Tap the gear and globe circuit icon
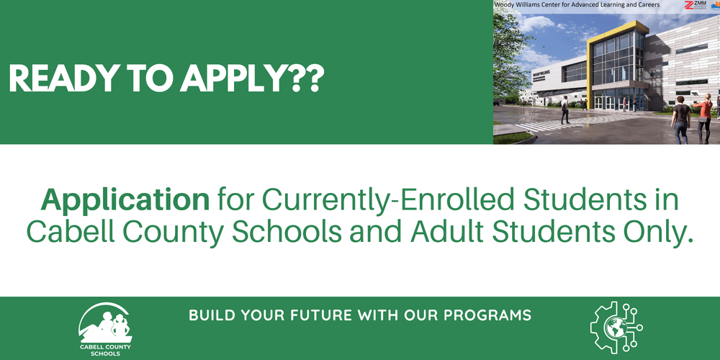(x=616, y=328)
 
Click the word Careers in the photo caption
(x=645, y=5)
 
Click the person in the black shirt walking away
(x=680, y=119)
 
